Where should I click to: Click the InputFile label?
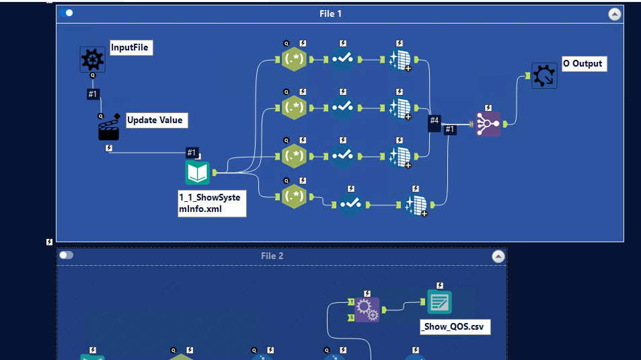coord(131,48)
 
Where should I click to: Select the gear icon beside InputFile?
coord(92,60)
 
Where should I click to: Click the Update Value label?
coord(156,120)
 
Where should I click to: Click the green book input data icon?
coord(198,173)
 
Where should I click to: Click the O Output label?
coord(584,64)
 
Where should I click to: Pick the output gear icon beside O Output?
coord(543,75)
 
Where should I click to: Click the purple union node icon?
coord(488,124)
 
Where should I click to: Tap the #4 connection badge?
coord(435,120)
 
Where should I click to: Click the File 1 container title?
coord(330,13)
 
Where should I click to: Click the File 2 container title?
coord(272,256)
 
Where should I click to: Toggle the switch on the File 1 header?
coord(66,13)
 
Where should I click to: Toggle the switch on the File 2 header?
coord(66,255)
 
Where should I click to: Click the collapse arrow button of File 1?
coord(614,13)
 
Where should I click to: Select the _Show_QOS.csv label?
coord(454,327)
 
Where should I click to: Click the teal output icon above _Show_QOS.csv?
coord(440,303)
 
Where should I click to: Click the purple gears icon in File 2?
coord(367,310)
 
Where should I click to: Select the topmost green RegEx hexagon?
coord(294,59)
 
